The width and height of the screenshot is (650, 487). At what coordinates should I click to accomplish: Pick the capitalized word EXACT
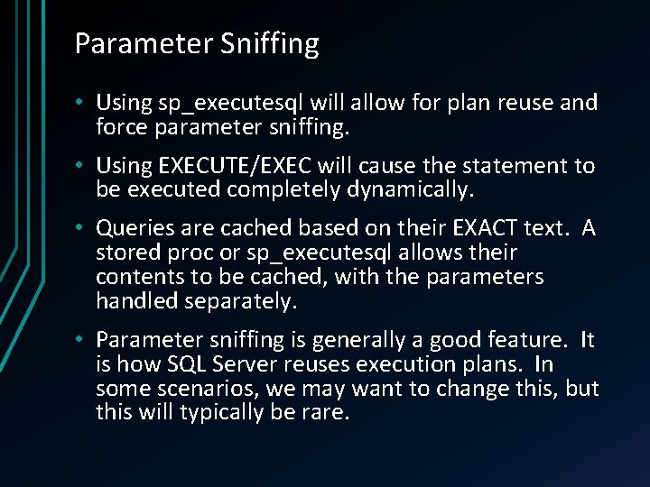[x=512, y=228]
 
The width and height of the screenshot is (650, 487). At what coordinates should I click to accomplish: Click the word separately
[x=240, y=301]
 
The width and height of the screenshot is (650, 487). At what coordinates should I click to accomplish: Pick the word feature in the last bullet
[x=525, y=339]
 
